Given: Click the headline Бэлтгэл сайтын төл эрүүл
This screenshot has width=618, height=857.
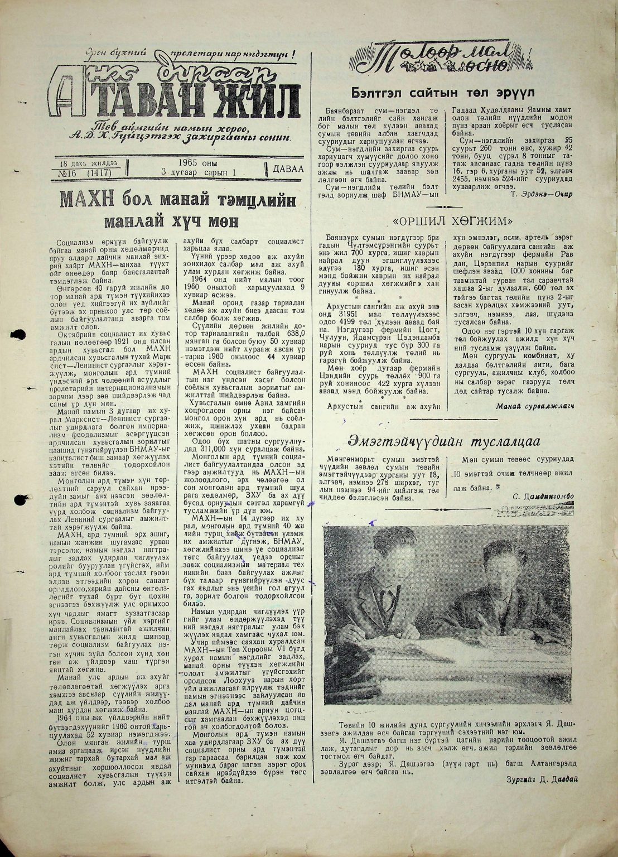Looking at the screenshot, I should (443, 93).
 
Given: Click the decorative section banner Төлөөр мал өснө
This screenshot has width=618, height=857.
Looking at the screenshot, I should (432, 59).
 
